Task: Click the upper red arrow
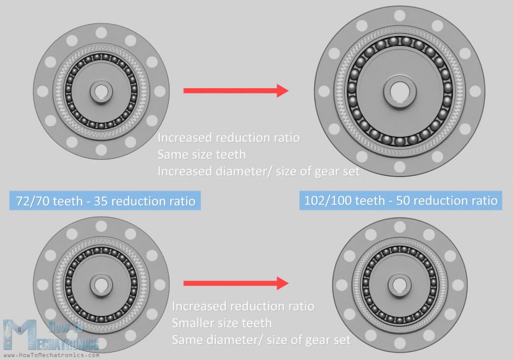(235, 91)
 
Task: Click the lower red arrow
(235, 283)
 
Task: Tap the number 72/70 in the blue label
(34, 202)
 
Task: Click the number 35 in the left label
(111, 202)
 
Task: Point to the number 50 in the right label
(405, 201)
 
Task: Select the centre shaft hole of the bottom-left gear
(101, 284)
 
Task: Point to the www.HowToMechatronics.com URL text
(50, 355)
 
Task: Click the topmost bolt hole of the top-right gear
(400, 16)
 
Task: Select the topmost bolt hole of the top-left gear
(101, 33)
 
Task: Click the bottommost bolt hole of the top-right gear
(400, 167)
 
